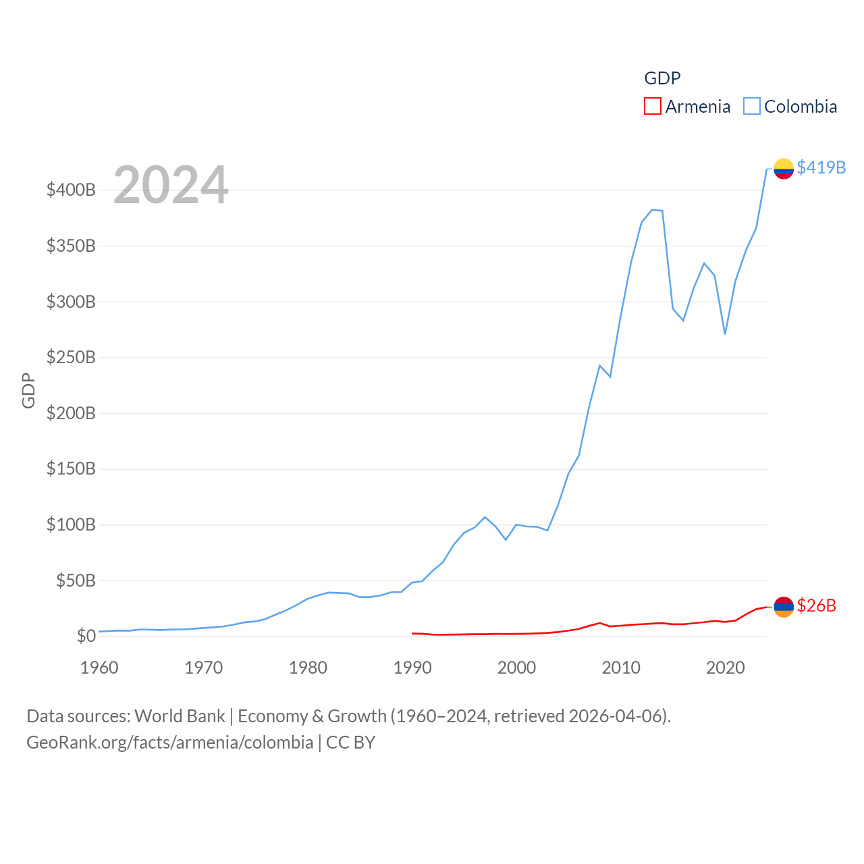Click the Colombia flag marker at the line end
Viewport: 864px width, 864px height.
point(783,168)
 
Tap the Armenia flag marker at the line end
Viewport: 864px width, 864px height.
point(783,607)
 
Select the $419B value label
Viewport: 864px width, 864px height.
point(821,167)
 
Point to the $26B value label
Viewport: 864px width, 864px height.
point(816,605)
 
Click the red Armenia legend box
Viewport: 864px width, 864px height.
point(652,107)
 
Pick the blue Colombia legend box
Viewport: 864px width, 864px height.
point(751,107)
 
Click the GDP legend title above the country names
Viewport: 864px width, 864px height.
point(662,78)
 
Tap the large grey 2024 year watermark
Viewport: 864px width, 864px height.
point(171,185)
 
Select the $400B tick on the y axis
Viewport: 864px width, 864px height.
point(71,190)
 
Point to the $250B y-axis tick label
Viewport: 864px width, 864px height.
point(71,357)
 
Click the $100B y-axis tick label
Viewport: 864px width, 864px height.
point(71,524)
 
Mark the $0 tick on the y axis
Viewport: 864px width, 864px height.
point(86,636)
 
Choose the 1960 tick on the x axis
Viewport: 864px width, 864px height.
point(99,668)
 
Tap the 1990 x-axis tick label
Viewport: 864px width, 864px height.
point(412,668)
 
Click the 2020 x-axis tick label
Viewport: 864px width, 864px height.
point(725,668)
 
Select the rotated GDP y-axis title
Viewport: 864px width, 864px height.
point(28,390)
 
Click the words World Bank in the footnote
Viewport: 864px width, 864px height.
point(180,715)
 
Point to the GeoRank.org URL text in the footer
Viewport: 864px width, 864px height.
point(169,742)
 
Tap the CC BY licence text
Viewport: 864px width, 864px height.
point(350,742)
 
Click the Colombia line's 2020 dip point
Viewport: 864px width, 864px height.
point(725,333)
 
